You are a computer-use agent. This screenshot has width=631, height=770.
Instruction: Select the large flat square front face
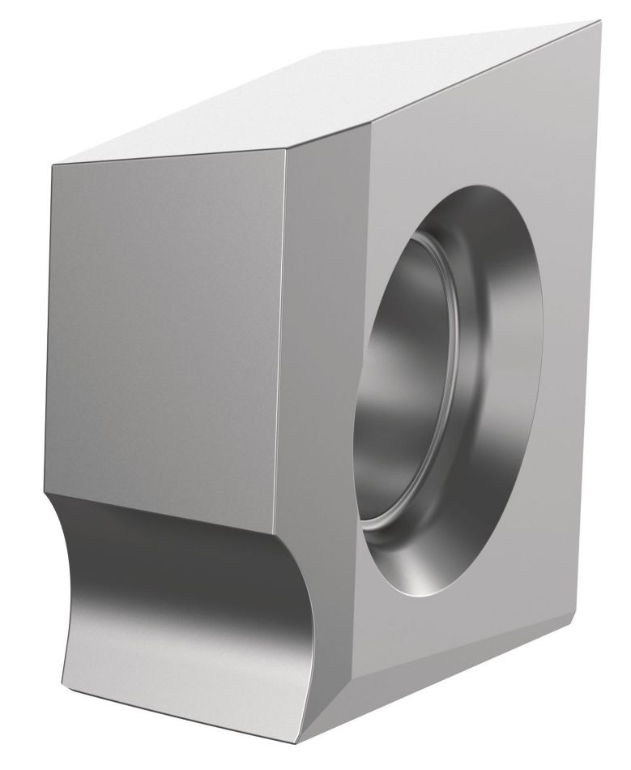162,324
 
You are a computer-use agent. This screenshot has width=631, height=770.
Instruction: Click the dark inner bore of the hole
405,365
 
